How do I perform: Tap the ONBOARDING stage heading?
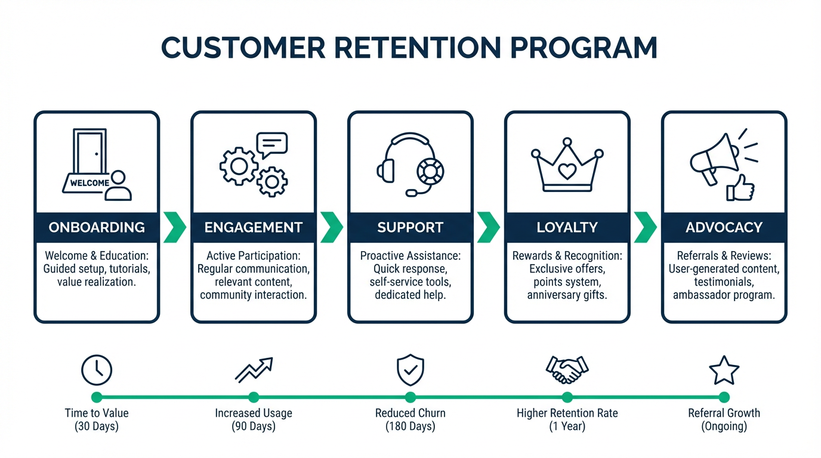click(x=97, y=227)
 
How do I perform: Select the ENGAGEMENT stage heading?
click(x=254, y=227)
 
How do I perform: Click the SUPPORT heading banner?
click(x=410, y=227)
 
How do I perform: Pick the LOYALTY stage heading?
click(x=567, y=227)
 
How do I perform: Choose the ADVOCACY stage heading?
click(x=724, y=227)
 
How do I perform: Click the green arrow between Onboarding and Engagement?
click(x=174, y=227)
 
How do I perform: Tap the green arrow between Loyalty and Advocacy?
click(x=645, y=227)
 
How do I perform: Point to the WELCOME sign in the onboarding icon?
click(x=89, y=183)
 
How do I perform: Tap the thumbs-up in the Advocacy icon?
click(x=740, y=188)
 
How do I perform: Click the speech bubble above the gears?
click(x=271, y=144)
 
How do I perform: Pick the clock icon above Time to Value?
click(x=97, y=370)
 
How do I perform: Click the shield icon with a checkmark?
click(x=410, y=370)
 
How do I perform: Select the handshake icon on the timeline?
click(x=567, y=370)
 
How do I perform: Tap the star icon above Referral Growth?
click(x=724, y=370)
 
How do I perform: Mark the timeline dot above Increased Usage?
click(x=254, y=397)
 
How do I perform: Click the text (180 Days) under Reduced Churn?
click(x=410, y=426)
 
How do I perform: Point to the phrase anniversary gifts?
click(x=567, y=295)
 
